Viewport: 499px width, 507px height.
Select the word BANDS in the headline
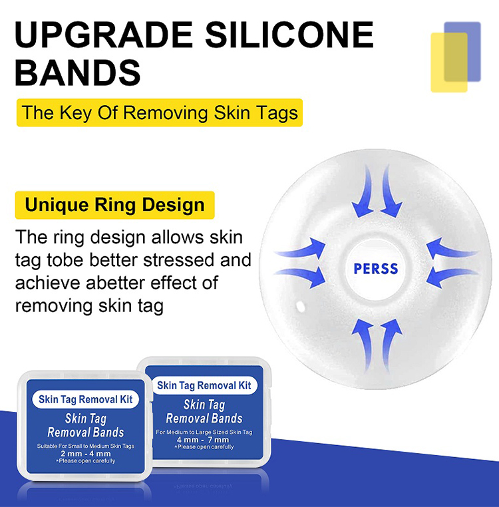(x=78, y=73)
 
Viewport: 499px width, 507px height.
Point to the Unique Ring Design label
(x=114, y=204)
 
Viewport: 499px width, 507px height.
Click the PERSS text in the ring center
(x=376, y=269)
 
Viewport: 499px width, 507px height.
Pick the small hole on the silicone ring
(x=299, y=306)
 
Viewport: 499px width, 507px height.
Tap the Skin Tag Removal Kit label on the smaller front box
(x=85, y=400)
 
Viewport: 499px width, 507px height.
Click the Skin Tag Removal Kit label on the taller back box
(x=204, y=385)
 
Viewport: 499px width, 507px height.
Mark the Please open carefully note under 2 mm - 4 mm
(x=85, y=461)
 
